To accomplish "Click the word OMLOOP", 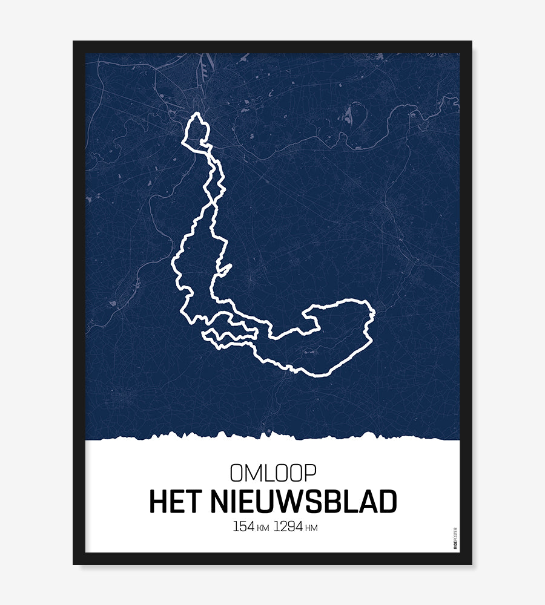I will [272, 473].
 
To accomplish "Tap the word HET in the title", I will [175, 502].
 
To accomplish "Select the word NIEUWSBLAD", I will [304, 502].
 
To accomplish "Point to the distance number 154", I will [243, 526].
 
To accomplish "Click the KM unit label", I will [263, 528].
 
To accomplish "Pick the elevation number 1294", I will [288, 526].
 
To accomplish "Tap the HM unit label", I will [312, 528].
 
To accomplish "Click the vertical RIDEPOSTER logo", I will [455, 538].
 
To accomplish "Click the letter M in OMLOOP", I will [253, 473].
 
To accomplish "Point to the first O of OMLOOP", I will [237, 473].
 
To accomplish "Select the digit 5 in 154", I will [243, 526].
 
